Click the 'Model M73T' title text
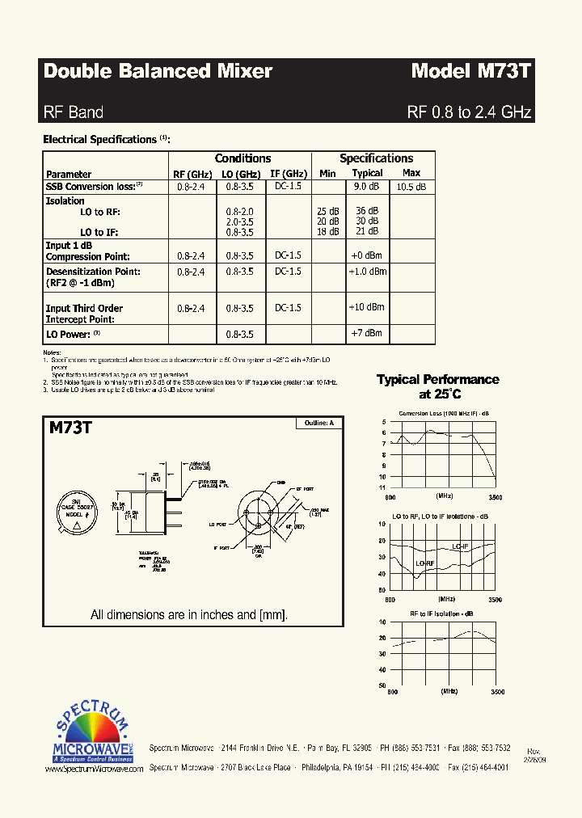point(470,71)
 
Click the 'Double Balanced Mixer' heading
point(158,71)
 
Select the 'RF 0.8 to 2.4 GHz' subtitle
point(469,112)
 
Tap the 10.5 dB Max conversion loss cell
point(411,187)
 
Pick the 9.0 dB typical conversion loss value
point(367,187)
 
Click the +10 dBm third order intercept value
point(367,307)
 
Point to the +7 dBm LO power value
point(367,333)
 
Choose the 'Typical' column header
point(367,174)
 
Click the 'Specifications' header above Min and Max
point(376,158)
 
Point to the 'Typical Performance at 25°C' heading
point(438,386)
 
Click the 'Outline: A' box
point(319,423)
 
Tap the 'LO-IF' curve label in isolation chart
point(461,546)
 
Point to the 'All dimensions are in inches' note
point(189,614)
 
